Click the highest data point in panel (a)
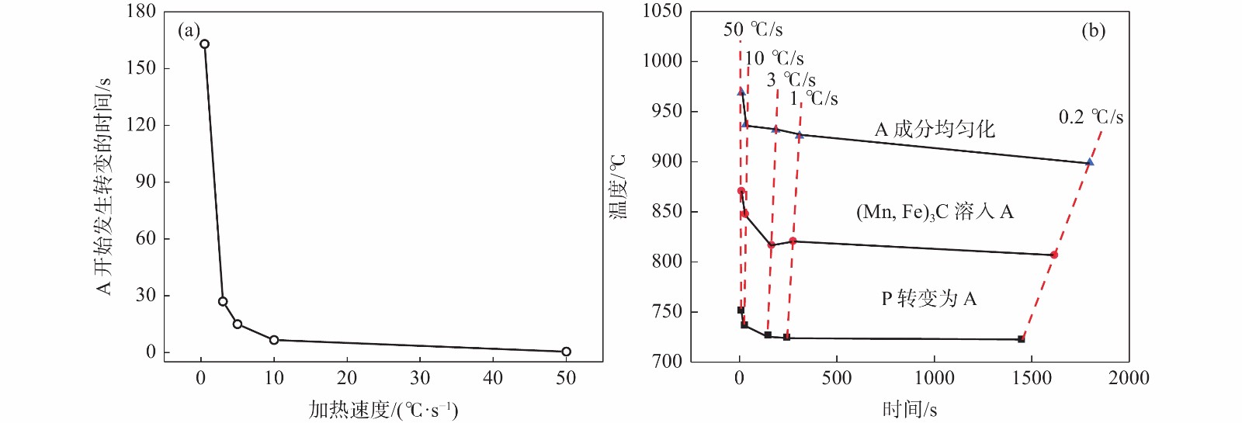[204, 44]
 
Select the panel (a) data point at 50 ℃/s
[566, 352]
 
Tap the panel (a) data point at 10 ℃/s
[274, 340]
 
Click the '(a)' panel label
[189, 30]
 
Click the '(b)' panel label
[1093, 30]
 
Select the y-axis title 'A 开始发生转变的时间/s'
[104, 186]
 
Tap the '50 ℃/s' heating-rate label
[753, 30]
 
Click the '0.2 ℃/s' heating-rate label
[1091, 117]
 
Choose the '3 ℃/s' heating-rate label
[791, 80]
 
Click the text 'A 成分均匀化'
[935, 129]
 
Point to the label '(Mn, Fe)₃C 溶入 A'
[935, 212]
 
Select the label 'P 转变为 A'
[928, 299]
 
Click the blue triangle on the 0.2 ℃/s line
[1090, 162]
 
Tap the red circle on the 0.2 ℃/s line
[1054, 255]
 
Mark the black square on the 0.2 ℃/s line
[1022, 339]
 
